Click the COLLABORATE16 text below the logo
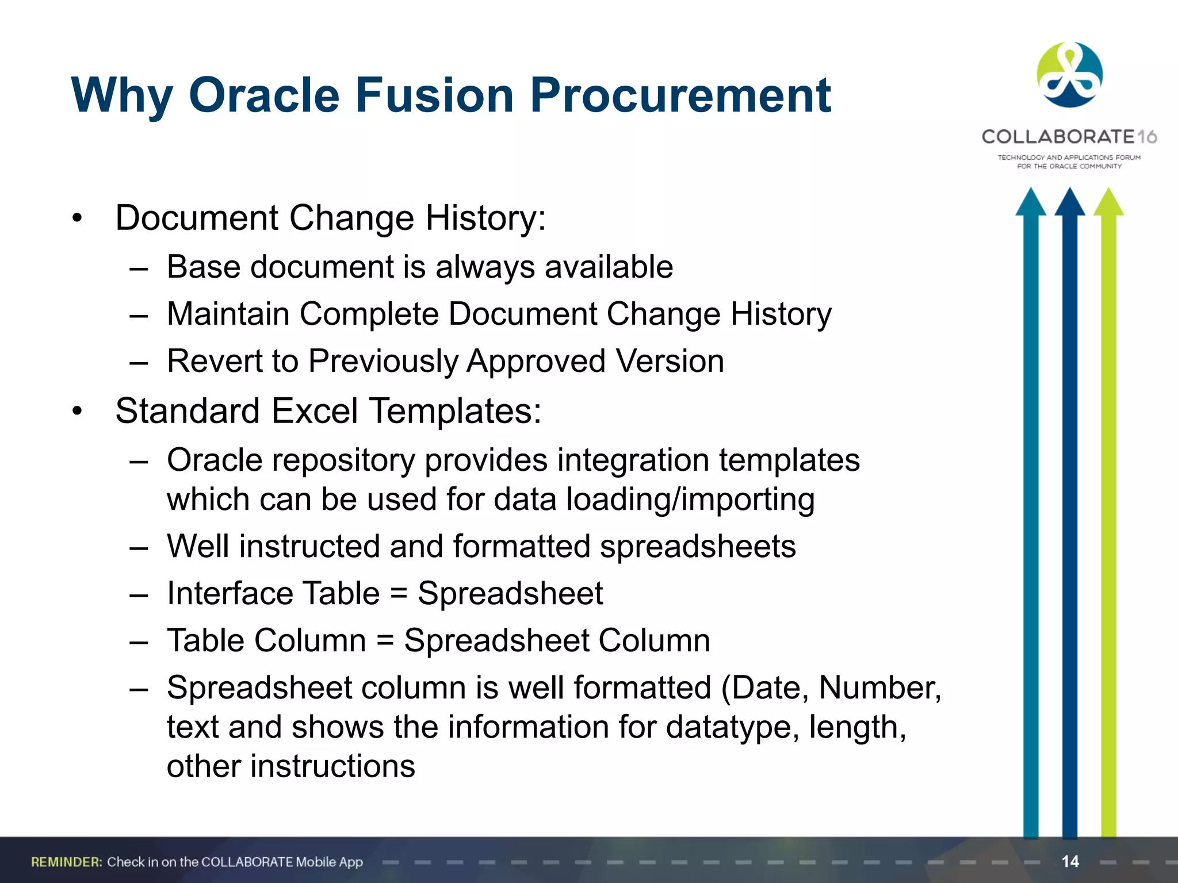tap(1069, 137)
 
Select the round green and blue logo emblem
tap(1069, 75)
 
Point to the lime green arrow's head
tap(1108, 203)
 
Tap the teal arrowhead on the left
tap(1030, 203)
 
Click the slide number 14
tap(1070, 861)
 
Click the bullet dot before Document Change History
tap(78, 219)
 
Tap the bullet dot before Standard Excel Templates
tap(78, 412)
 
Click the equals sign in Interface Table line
tap(399, 594)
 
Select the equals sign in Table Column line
tap(385, 641)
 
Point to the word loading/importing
tap(690, 499)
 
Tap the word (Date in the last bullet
tap(765, 688)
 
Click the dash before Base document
tap(139, 268)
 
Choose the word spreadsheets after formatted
tap(698, 546)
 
